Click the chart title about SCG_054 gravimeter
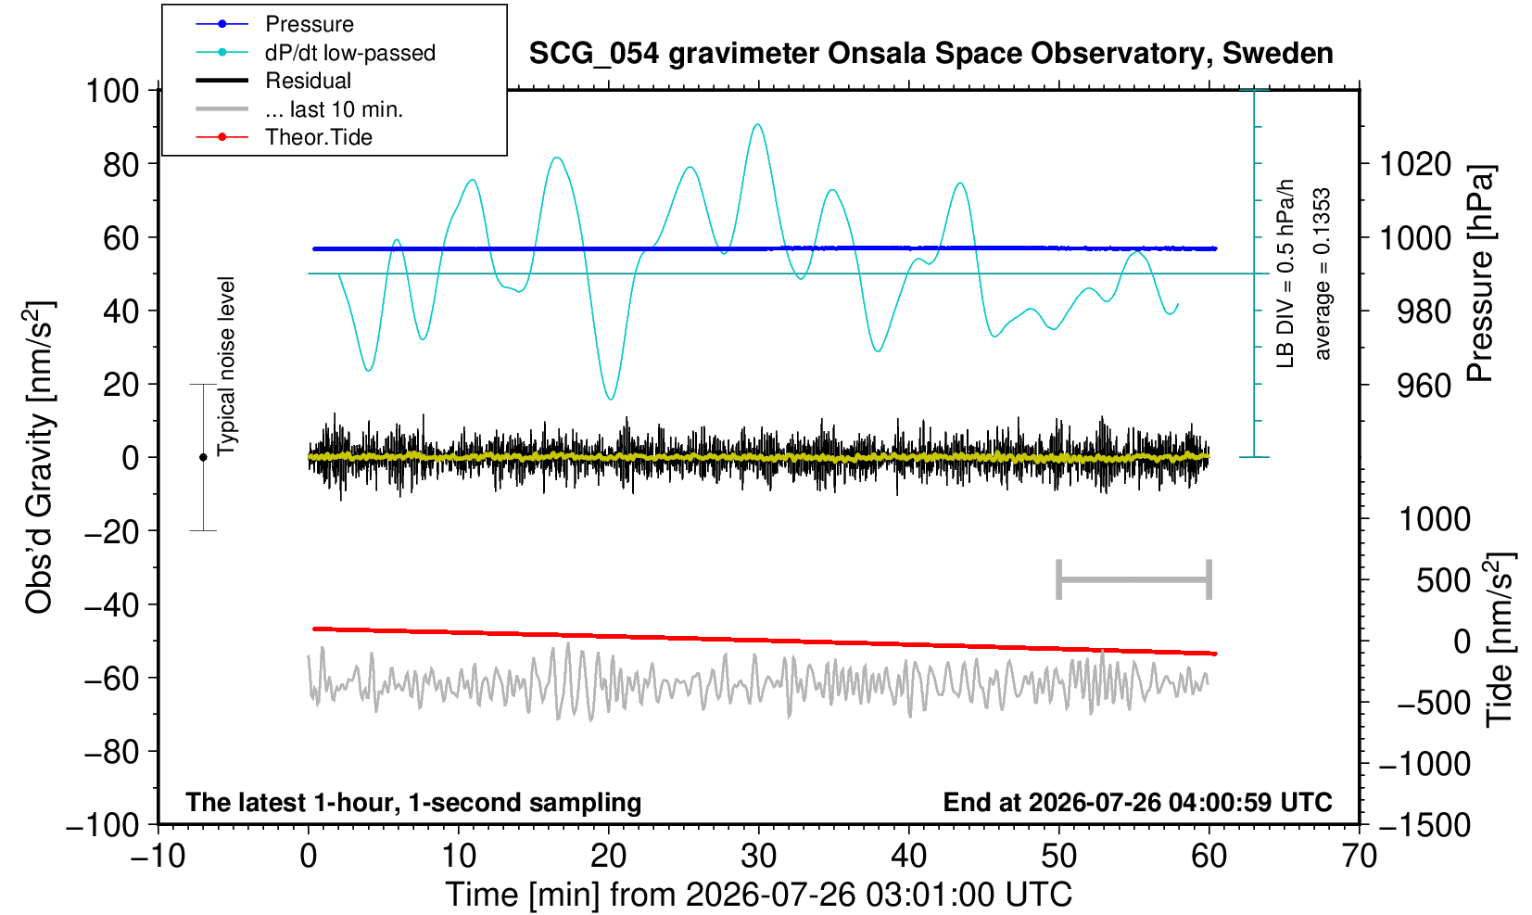click(931, 53)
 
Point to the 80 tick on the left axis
click(121, 164)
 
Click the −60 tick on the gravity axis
click(111, 679)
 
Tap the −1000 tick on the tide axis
click(1424, 764)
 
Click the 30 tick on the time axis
click(758, 856)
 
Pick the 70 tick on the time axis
click(1359, 856)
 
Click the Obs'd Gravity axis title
click(39, 457)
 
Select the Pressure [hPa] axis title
click(1481, 273)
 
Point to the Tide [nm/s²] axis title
click(1500, 640)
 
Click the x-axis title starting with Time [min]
click(758, 895)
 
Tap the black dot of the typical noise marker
click(203, 457)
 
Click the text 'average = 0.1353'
click(1322, 273)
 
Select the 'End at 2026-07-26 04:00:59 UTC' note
click(1137, 802)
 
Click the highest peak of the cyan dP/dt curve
click(757, 124)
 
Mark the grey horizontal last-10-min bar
click(1134, 579)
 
